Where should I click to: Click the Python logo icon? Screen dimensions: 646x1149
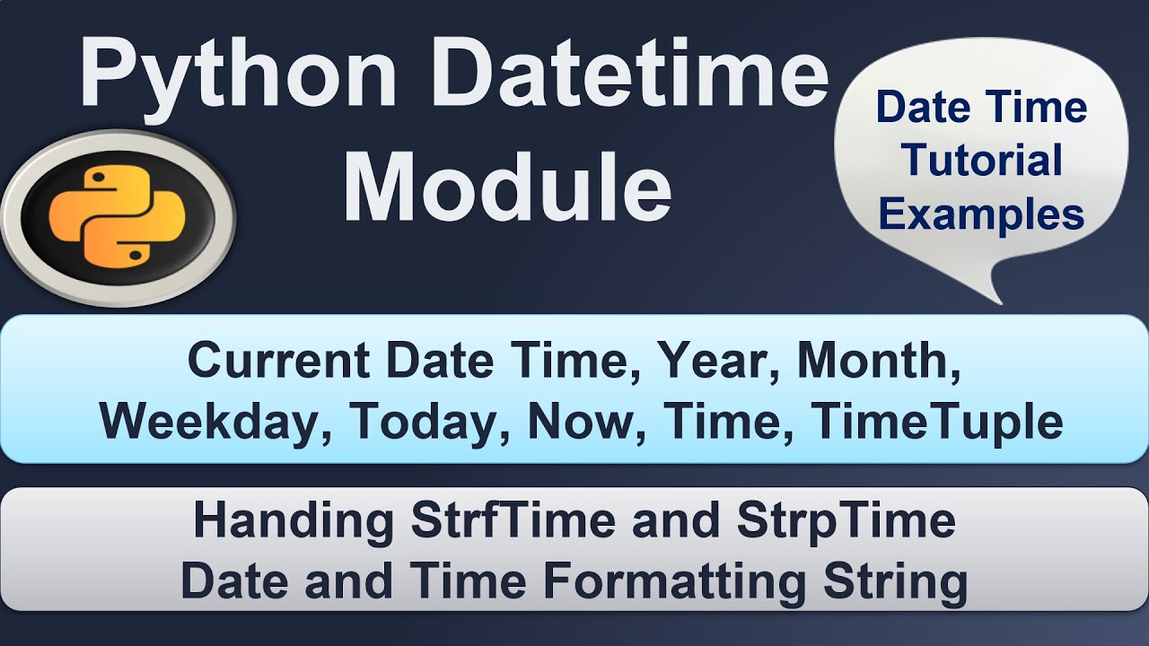pos(117,218)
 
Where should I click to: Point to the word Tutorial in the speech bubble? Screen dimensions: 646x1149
pos(982,161)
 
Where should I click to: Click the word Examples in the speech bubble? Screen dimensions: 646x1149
pos(982,214)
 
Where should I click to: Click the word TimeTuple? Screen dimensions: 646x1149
pos(938,422)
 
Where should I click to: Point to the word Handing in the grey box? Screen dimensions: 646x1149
pos(293,521)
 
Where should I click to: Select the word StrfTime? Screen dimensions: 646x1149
pos(513,521)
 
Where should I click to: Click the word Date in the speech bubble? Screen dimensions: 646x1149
pos(925,108)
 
